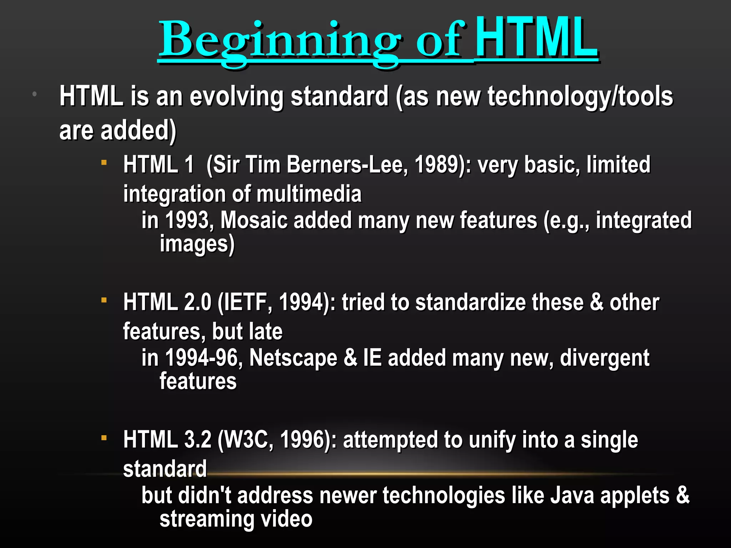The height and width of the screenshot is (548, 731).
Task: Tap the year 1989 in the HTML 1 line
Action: [436, 164]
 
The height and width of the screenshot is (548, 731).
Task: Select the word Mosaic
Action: [254, 220]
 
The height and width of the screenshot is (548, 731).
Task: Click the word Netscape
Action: [293, 358]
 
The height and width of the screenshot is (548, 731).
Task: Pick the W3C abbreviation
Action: [248, 440]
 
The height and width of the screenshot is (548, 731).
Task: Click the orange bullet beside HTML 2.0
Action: [104, 300]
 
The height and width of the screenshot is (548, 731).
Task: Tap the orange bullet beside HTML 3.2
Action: [104, 437]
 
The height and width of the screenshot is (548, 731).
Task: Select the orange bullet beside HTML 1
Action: [104, 163]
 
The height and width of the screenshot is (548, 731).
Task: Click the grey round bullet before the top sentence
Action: [35, 94]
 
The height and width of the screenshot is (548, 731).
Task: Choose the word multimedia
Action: [309, 194]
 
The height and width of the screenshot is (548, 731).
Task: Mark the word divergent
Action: [604, 358]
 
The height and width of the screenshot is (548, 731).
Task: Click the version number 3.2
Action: [198, 440]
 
